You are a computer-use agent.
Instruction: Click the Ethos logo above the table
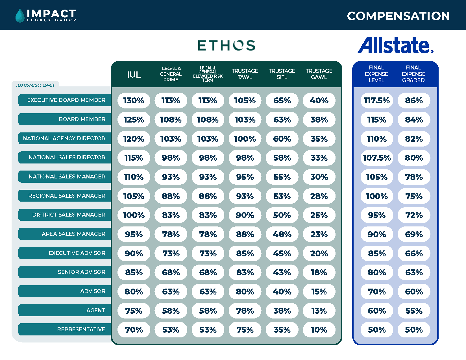[227, 45]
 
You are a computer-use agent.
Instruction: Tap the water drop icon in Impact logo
[20, 16]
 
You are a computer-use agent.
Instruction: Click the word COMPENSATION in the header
[398, 16]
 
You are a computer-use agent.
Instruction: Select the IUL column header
[134, 75]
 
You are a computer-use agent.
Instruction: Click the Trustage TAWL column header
[245, 74]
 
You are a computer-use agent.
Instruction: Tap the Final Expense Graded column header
[413, 74]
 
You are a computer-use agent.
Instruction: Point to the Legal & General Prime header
[171, 74]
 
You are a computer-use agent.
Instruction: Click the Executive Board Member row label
[66, 100]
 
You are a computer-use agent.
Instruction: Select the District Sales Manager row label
[69, 215]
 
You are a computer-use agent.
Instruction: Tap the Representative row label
[81, 330]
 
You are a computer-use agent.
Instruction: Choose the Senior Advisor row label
[81, 272]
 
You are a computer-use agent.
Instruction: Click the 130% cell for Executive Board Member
[134, 101]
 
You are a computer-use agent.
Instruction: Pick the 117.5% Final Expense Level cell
[376, 101]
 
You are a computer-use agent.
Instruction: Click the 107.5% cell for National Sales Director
[376, 158]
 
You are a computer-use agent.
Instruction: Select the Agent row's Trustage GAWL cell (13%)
[319, 311]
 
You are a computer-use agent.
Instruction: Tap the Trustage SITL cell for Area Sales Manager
[282, 234]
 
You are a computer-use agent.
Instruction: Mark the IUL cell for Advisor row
[134, 292]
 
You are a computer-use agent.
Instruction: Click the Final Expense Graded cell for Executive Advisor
[414, 254]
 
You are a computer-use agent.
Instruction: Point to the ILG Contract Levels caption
[35, 85]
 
